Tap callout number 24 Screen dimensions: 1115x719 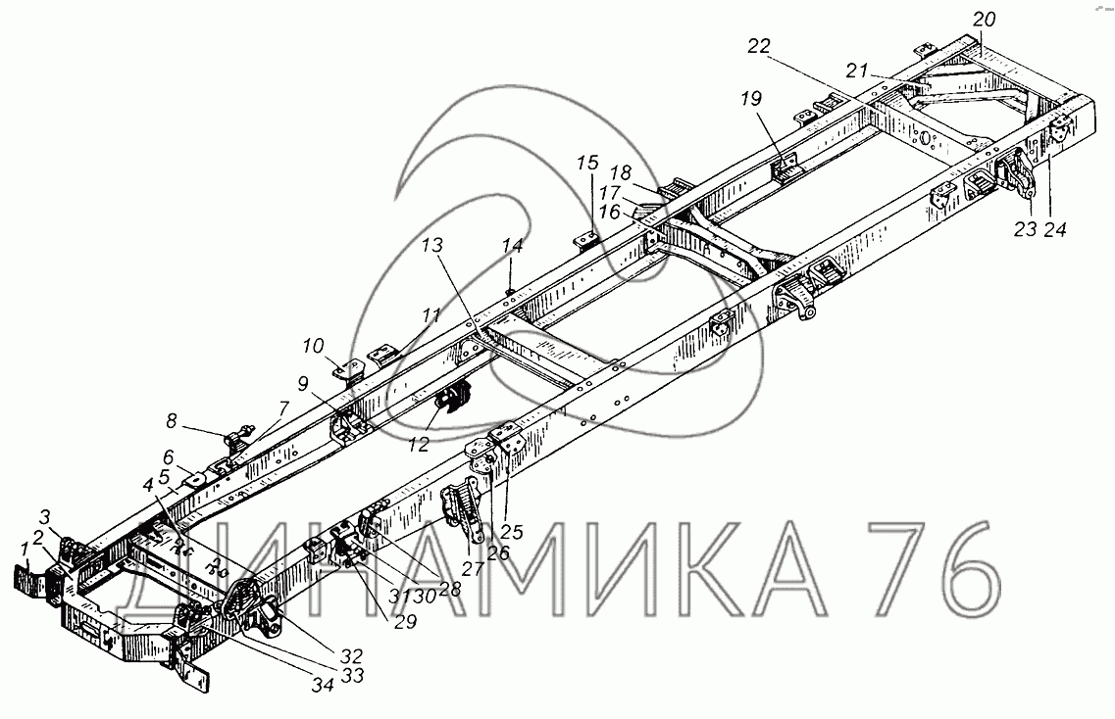(x=1054, y=232)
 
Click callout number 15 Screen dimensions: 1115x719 (x=585, y=163)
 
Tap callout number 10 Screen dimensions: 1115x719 (x=313, y=346)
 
